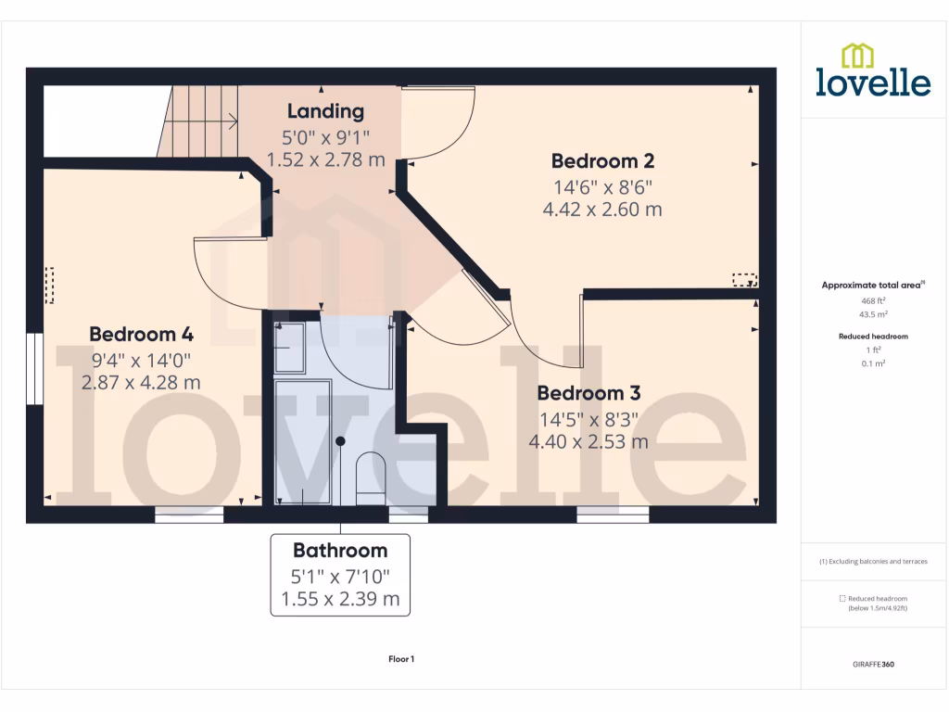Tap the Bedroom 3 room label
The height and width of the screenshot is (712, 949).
pos(588,392)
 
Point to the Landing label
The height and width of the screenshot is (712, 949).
pos(325,112)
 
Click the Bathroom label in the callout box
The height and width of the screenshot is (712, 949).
pos(340,551)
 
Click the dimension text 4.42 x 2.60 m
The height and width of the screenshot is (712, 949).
pos(601,210)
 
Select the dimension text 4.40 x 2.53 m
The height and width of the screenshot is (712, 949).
pos(588,441)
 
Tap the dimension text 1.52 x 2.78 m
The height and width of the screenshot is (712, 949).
pos(325,160)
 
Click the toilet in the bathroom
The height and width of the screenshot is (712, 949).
pos(371,478)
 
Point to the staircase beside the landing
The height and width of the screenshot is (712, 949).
pos(199,121)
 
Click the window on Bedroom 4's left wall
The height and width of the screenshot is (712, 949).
pos(34,369)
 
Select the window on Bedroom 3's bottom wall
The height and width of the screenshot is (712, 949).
pos(613,514)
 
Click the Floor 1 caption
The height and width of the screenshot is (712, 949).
pos(401,659)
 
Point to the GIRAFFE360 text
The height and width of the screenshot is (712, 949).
pos(873,665)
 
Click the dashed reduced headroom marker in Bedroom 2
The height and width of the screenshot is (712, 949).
pos(744,279)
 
